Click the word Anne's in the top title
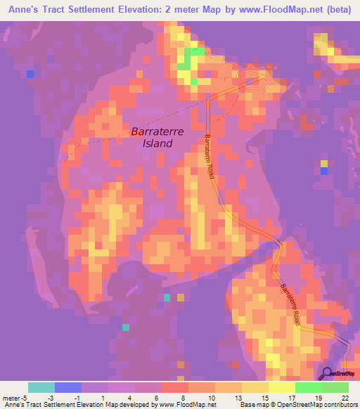19,8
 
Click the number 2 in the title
165,8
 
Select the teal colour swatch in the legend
41,387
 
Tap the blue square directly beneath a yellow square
324,171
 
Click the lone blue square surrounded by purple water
30,74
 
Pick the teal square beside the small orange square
167,297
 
